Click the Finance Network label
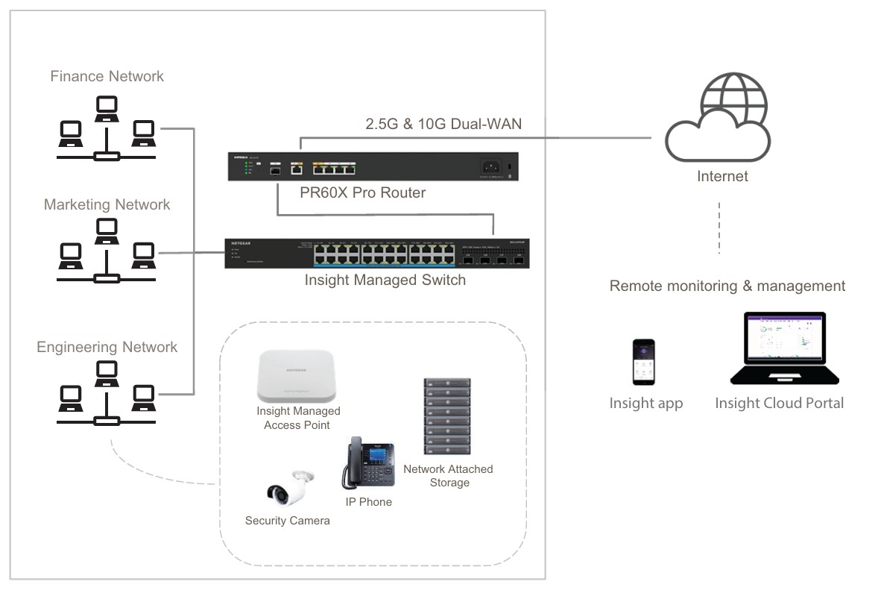(x=107, y=76)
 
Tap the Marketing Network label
(x=107, y=204)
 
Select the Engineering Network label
(x=107, y=347)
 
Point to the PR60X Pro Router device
(x=372, y=166)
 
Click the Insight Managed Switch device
(x=376, y=254)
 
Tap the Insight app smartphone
(x=643, y=363)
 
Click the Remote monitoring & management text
(x=727, y=286)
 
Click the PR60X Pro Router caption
(x=362, y=193)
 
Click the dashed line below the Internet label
(x=719, y=228)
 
